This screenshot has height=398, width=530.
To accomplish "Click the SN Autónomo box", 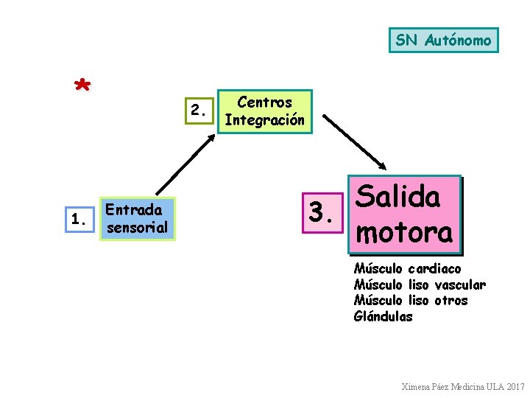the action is click(443, 40).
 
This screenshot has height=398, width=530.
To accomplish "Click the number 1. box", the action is click(81, 219).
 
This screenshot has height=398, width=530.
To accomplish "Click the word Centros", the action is click(265, 102).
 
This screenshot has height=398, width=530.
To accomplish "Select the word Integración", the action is click(265, 120).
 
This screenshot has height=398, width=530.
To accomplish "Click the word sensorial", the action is click(138, 228).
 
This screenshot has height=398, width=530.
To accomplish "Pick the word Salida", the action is click(397, 197).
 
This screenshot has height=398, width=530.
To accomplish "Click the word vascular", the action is click(460, 284).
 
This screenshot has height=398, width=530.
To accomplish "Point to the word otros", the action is click(451, 300).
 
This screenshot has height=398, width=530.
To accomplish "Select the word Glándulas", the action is click(383, 316).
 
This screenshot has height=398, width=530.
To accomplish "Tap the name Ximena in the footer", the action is click(417, 386).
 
